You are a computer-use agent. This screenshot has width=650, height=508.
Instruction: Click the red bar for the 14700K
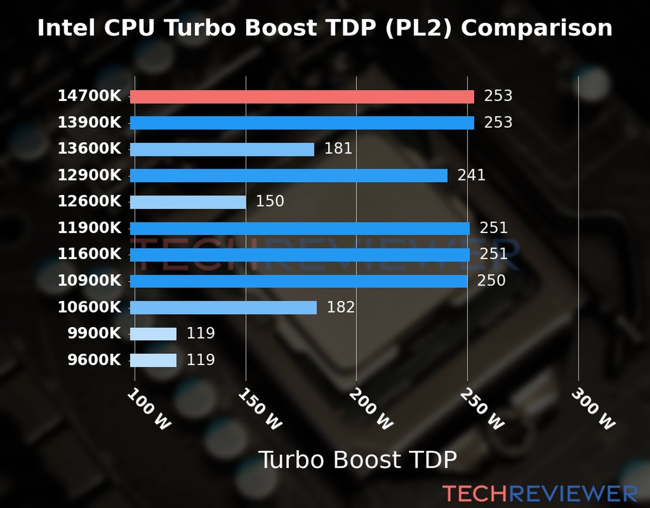tap(302, 97)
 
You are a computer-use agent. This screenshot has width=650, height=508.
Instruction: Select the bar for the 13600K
tap(222, 149)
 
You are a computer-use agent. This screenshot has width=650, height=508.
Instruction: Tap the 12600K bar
tap(188, 202)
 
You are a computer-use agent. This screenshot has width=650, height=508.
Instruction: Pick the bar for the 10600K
tap(223, 307)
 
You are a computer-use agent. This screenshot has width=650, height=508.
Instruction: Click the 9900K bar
tap(153, 334)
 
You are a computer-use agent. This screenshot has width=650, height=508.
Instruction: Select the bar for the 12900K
tap(289, 176)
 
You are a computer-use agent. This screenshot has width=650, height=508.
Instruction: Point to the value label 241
tap(471, 175)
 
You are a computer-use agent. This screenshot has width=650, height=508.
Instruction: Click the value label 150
tap(270, 201)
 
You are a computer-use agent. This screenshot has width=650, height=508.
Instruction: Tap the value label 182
tap(341, 307)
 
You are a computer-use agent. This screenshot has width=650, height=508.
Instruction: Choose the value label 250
tap(491, 281)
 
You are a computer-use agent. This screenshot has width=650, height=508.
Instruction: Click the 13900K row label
tap(89, 123)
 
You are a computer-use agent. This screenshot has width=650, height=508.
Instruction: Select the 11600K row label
tap(89, 254)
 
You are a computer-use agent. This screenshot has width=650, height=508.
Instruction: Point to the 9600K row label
tap(94, 360)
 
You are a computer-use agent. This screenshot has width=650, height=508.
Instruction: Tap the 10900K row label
tap(89, 281)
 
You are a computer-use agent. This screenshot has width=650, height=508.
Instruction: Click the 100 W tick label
tap(149, 409)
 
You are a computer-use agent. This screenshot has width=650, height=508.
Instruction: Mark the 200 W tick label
tap(371, 409)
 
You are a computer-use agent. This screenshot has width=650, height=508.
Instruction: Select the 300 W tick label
tap(593, 409)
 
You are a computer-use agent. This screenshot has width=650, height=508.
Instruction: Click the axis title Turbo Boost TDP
tap(358, 460)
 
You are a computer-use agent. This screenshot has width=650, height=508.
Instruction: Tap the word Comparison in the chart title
tap(536, 28)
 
